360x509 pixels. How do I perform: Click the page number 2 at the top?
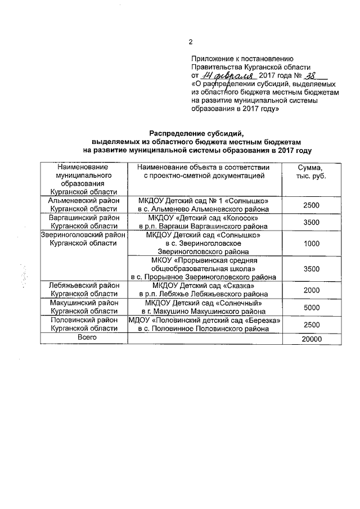[x=191, y=42]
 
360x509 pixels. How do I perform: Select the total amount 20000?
[x=311, y=339]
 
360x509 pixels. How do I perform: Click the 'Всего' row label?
[x=83, y=337]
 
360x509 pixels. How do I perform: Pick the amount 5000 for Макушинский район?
[x=311, y=308]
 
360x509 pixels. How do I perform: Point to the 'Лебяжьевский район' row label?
[x=83, y=286]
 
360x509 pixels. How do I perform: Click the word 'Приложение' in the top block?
[x=214, y=58]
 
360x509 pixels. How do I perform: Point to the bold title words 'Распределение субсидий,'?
[x=197, y=133]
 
